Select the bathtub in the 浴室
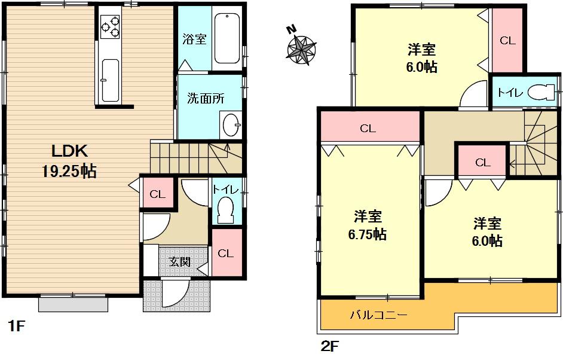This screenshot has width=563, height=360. click(x=227, y=37)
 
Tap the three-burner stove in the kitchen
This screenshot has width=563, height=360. click(x=109, y=27)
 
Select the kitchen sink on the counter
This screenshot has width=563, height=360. click(x=109, y=80)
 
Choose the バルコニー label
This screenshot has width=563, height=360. click(x=378, y=314)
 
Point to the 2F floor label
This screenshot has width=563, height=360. click(x=330, y=346)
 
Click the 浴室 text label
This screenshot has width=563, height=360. click(x=194, y=40)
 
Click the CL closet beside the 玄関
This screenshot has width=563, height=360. click(x=225, y=253)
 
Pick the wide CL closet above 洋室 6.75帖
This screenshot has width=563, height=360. click(x=368, y=128)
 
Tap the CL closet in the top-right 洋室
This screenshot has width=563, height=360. click(x=507, y=40)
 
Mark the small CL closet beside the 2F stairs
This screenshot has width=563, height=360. click(x=482, y=162)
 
